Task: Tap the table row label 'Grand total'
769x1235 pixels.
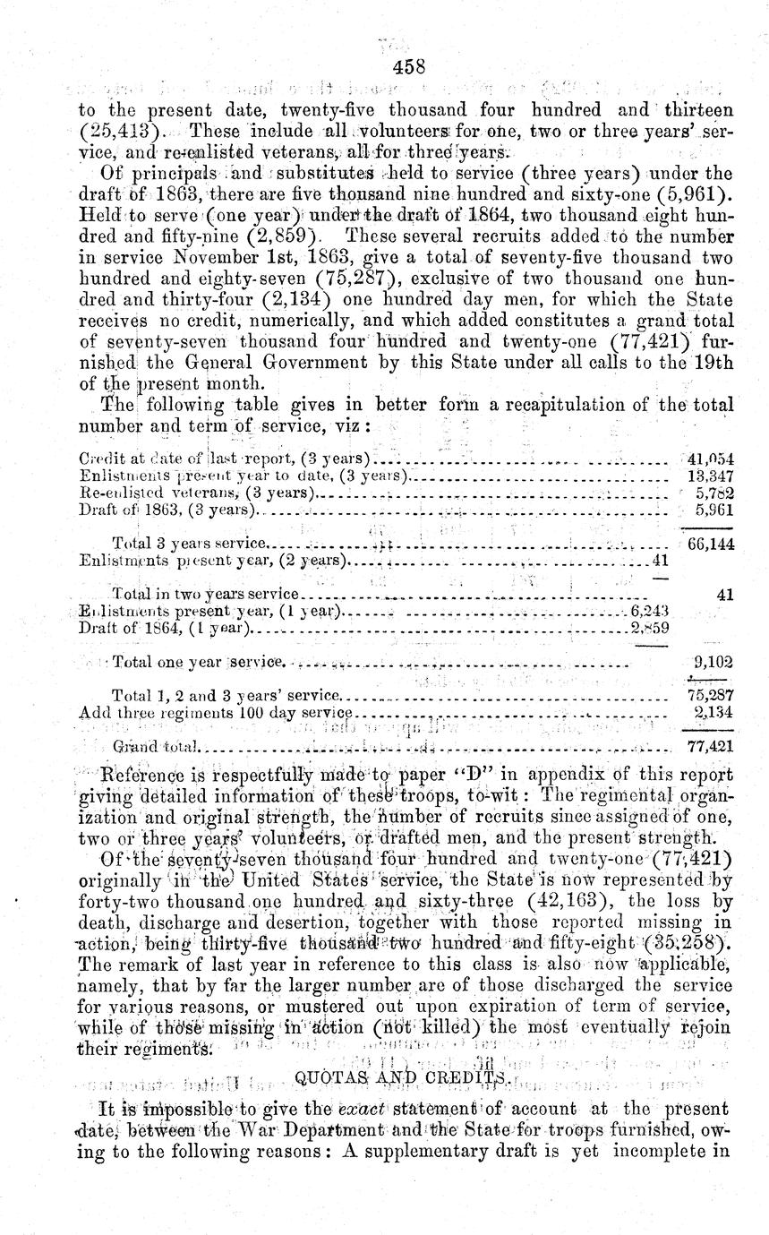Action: tap(159, 746)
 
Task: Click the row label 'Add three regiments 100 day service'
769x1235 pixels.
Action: tap(215, 713)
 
